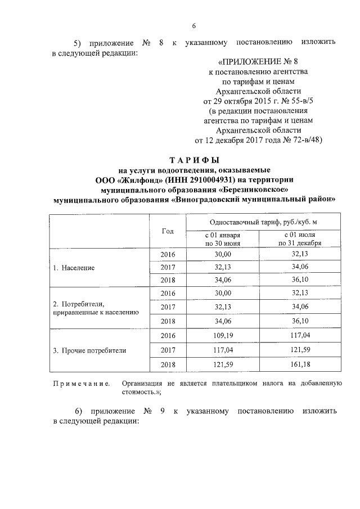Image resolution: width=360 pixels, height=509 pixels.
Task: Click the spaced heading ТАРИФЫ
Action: [x=194, y=159]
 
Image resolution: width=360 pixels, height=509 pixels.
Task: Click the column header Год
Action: [x=168, y=231]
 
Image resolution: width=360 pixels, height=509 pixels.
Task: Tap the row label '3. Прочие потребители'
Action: [x=89, y=350]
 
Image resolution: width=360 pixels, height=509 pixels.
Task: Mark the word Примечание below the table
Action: [x=80, y=384]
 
